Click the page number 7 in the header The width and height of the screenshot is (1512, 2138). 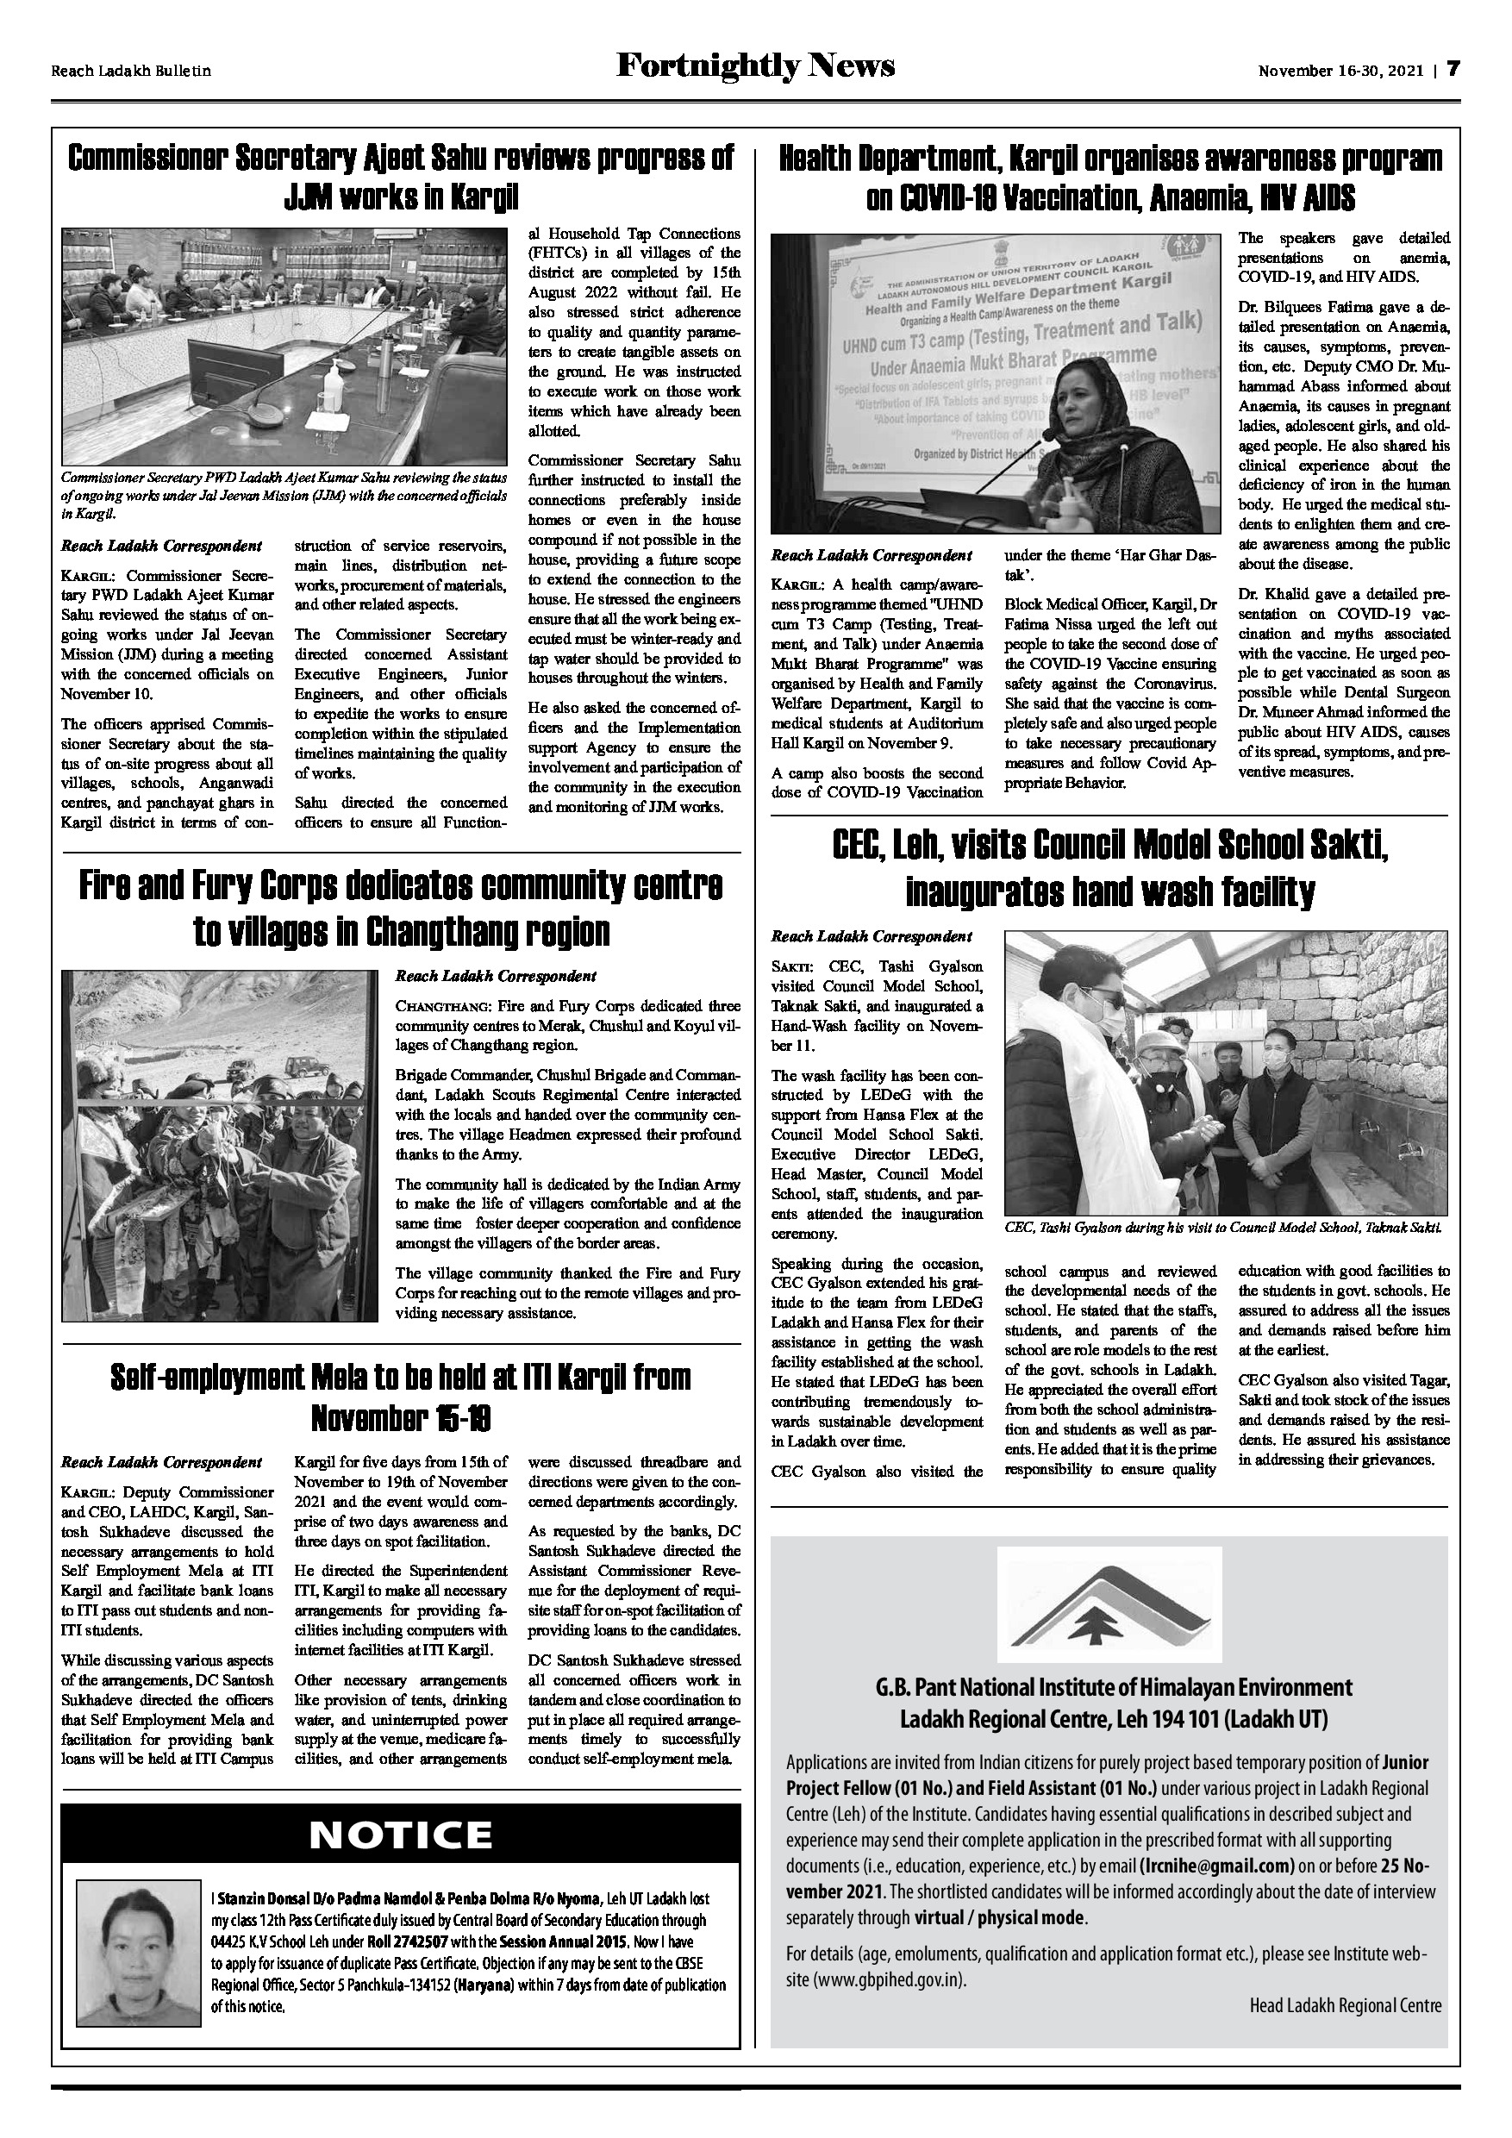1453,70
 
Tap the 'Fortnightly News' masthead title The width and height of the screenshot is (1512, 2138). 755,66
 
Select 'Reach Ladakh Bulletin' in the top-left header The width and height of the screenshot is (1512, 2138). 131,71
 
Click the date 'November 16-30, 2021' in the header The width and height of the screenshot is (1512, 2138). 1340,71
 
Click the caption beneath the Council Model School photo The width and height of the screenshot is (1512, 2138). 1223,1228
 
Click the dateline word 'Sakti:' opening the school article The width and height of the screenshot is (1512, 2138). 790,966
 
